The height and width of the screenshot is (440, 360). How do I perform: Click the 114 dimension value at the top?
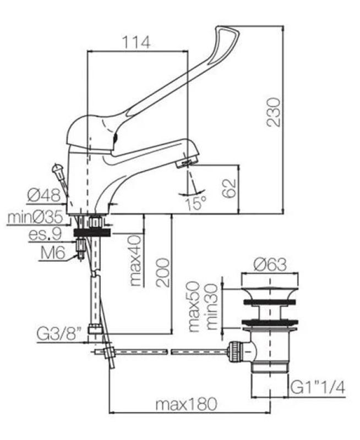click(135, 41)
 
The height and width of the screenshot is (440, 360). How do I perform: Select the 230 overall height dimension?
click(274, 112)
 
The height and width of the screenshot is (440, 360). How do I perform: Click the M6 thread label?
click(54, 252)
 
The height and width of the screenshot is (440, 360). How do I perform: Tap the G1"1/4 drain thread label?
click(318, 388)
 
